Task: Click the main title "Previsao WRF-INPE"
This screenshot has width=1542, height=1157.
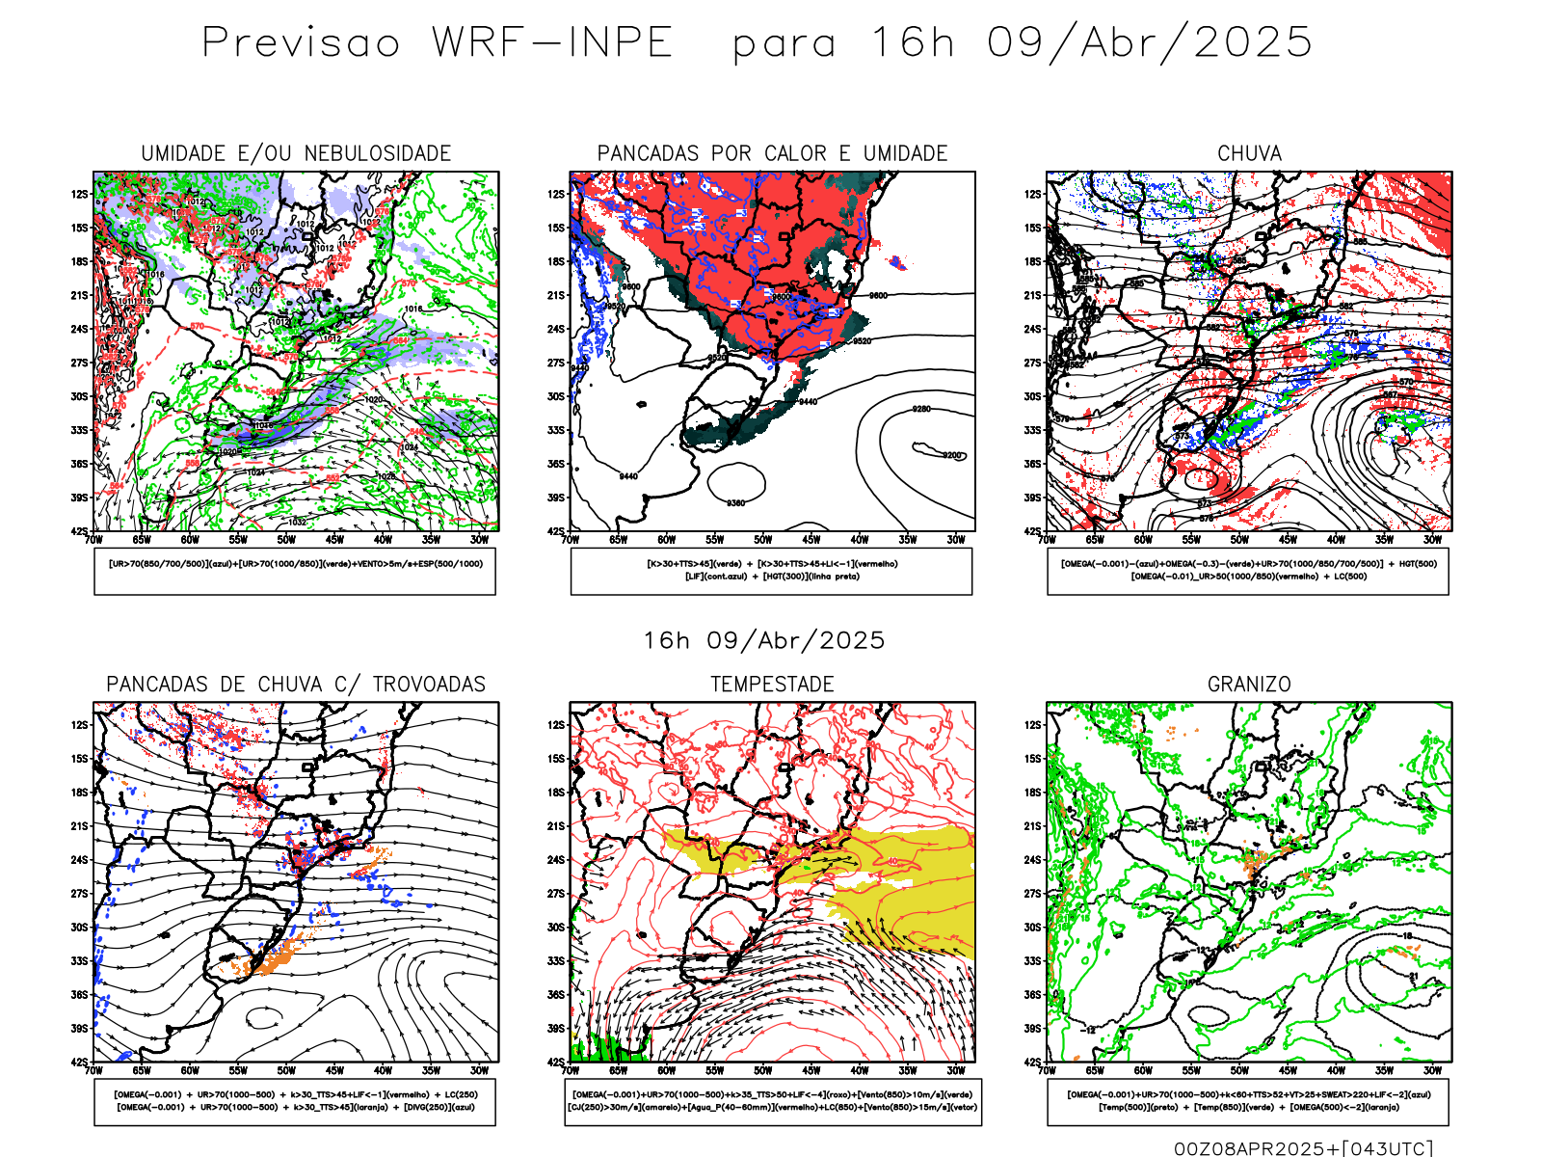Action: click(x=437, y=43)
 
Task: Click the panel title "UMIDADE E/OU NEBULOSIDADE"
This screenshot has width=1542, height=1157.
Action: click(x=296, y=153)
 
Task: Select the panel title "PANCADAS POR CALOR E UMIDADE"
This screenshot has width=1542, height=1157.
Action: click(x=772, y=153)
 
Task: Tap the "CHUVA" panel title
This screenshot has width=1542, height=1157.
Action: click(x=1249, y=153)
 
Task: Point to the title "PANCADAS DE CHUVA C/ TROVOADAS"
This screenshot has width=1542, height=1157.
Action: click(x=296, y=685)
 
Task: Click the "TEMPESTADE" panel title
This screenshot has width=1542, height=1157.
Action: click(x=772, y=685)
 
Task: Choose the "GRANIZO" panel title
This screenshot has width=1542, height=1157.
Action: click(x=1249, y=685)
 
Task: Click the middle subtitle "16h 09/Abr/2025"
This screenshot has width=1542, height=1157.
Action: click(x=764, y=640)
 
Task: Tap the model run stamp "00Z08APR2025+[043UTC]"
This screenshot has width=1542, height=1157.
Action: click(x=1303, y=1147)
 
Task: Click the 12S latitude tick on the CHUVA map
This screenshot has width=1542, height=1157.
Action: click(x=1032, y=195)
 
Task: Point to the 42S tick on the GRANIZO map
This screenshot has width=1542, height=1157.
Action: click(x=1032, y=1062)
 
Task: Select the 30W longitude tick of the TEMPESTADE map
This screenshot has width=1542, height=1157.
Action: click(x=955, y=1070)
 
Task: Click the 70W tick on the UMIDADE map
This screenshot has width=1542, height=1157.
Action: click(x=93, y=540)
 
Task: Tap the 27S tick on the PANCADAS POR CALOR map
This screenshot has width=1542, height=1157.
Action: click(x=556, y=363)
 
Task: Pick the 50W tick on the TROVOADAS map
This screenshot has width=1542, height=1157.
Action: click(x=286, y=1070)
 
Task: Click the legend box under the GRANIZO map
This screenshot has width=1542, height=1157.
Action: click(x=1248, y=1101)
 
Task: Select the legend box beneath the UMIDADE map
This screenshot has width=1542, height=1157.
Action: click(x=295, y=571)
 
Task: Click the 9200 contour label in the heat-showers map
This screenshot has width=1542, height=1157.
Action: click(x=952, y=455)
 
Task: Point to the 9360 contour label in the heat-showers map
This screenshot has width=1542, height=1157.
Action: click(x=736, y=503)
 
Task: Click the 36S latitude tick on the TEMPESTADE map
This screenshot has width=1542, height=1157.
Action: click(x=556, y=995)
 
